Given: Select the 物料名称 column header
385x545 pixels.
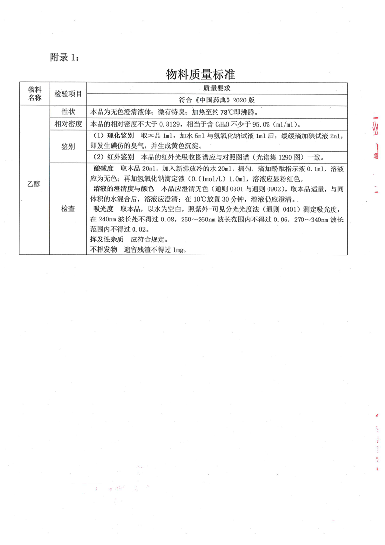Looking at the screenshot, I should (34, 93).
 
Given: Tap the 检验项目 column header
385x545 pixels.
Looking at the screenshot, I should (68, 93).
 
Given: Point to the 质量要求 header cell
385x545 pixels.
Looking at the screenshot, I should (216, 88).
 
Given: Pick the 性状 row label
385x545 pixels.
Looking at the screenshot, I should (68, 111).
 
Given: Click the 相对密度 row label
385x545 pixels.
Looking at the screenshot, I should (68, 124).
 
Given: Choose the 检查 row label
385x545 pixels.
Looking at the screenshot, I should (68, 209).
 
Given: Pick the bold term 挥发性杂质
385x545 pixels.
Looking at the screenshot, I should (106, 240).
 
